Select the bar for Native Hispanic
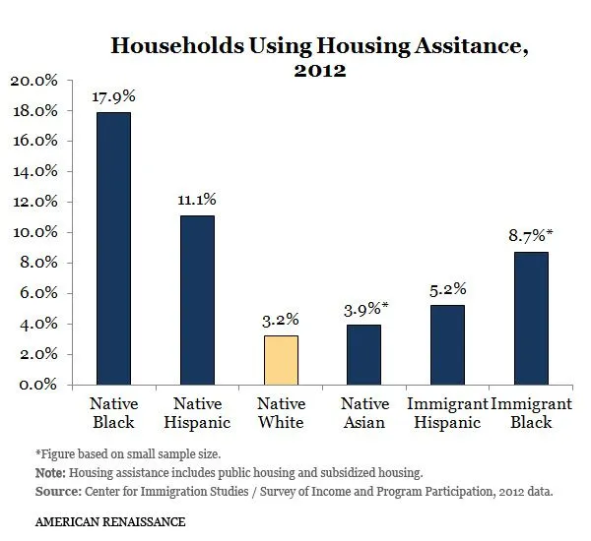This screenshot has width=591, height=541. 197,300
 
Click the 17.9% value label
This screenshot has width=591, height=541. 113,97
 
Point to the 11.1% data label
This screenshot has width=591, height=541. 197,200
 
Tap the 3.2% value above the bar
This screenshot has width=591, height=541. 281,320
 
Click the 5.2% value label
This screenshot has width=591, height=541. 447,289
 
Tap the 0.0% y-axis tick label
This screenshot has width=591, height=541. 38,385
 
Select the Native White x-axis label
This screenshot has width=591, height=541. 281,413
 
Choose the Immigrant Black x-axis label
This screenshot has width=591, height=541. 533,413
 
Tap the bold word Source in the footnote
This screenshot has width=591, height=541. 56,489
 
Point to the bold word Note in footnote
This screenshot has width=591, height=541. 49,471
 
